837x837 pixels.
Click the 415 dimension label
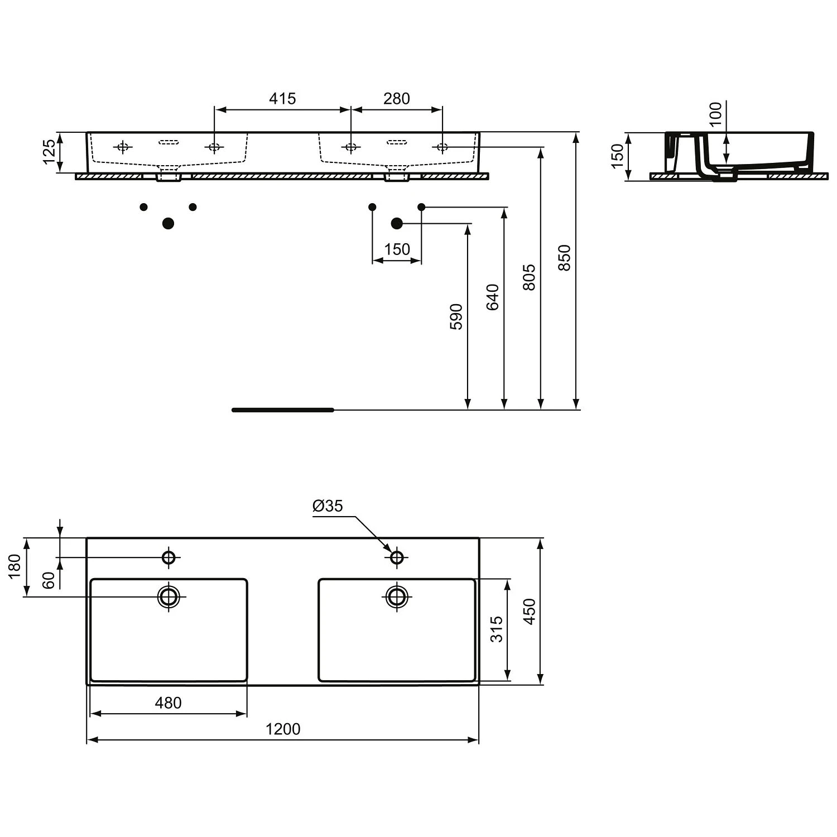[282, 99]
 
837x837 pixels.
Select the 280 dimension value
[396, 99]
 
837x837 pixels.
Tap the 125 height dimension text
[49, 152]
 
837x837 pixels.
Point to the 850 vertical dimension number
[565, 258]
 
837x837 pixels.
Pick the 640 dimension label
[492, 297]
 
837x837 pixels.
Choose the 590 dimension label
[456, 316]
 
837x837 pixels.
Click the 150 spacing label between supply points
[397, 249]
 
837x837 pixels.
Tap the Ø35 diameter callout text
[328, 506]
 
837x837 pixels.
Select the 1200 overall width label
[283, 729]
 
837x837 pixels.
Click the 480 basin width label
[168, 703]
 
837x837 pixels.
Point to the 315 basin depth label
[496, 629]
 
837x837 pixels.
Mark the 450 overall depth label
[529, 611]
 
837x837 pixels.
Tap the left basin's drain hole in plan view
[169, 597]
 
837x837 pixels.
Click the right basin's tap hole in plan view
[397, 557]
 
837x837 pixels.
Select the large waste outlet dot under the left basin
[168, 224]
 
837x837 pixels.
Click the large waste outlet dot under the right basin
[397, 224]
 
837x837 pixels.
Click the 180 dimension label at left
[15, 567]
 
